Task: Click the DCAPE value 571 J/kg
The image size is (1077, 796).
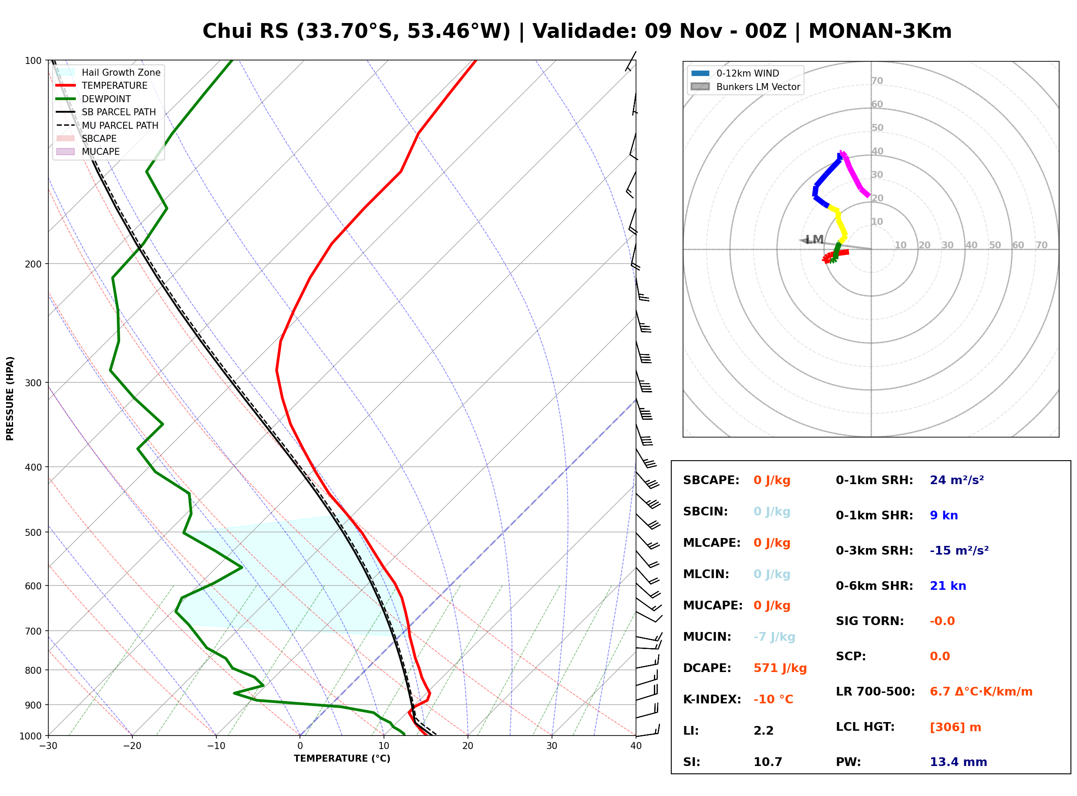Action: [x=780, y=668]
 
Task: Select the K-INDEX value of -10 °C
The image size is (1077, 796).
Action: [x=773, y=699]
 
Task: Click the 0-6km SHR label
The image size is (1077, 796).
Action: [x=874, y=585]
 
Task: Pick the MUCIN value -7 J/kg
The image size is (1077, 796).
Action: [x=774, y=636]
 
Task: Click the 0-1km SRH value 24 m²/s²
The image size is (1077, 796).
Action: [x=956, y=480]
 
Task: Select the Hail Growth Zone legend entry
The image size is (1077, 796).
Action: [x=108, y=72]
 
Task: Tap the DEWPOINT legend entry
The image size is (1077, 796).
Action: [x=94, y=99]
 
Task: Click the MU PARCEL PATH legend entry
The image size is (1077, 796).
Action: [x=108, y=125]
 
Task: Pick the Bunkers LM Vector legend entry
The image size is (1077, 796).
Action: [x=745, y=87]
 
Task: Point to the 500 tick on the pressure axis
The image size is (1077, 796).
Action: [x=33, y=532]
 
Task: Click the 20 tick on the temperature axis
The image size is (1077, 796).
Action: [x=467, y=746]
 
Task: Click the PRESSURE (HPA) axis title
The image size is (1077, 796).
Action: [x=10, y=398]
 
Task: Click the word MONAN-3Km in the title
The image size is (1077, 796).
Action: [x=880, y=31]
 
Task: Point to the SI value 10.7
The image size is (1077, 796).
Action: [x=767, y=762]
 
